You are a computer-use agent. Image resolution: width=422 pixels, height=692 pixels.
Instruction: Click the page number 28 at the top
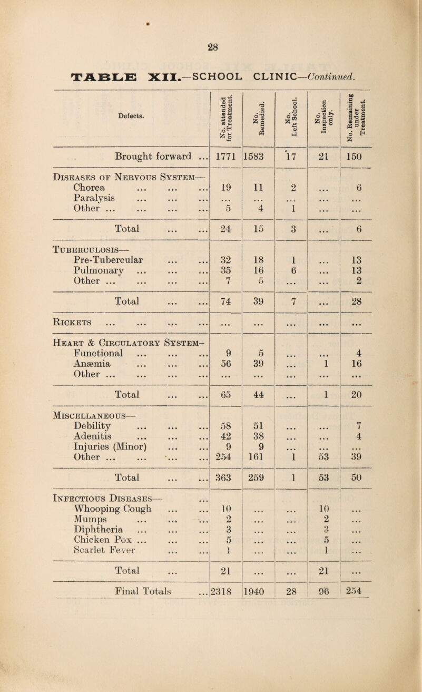tap(211, 46)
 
